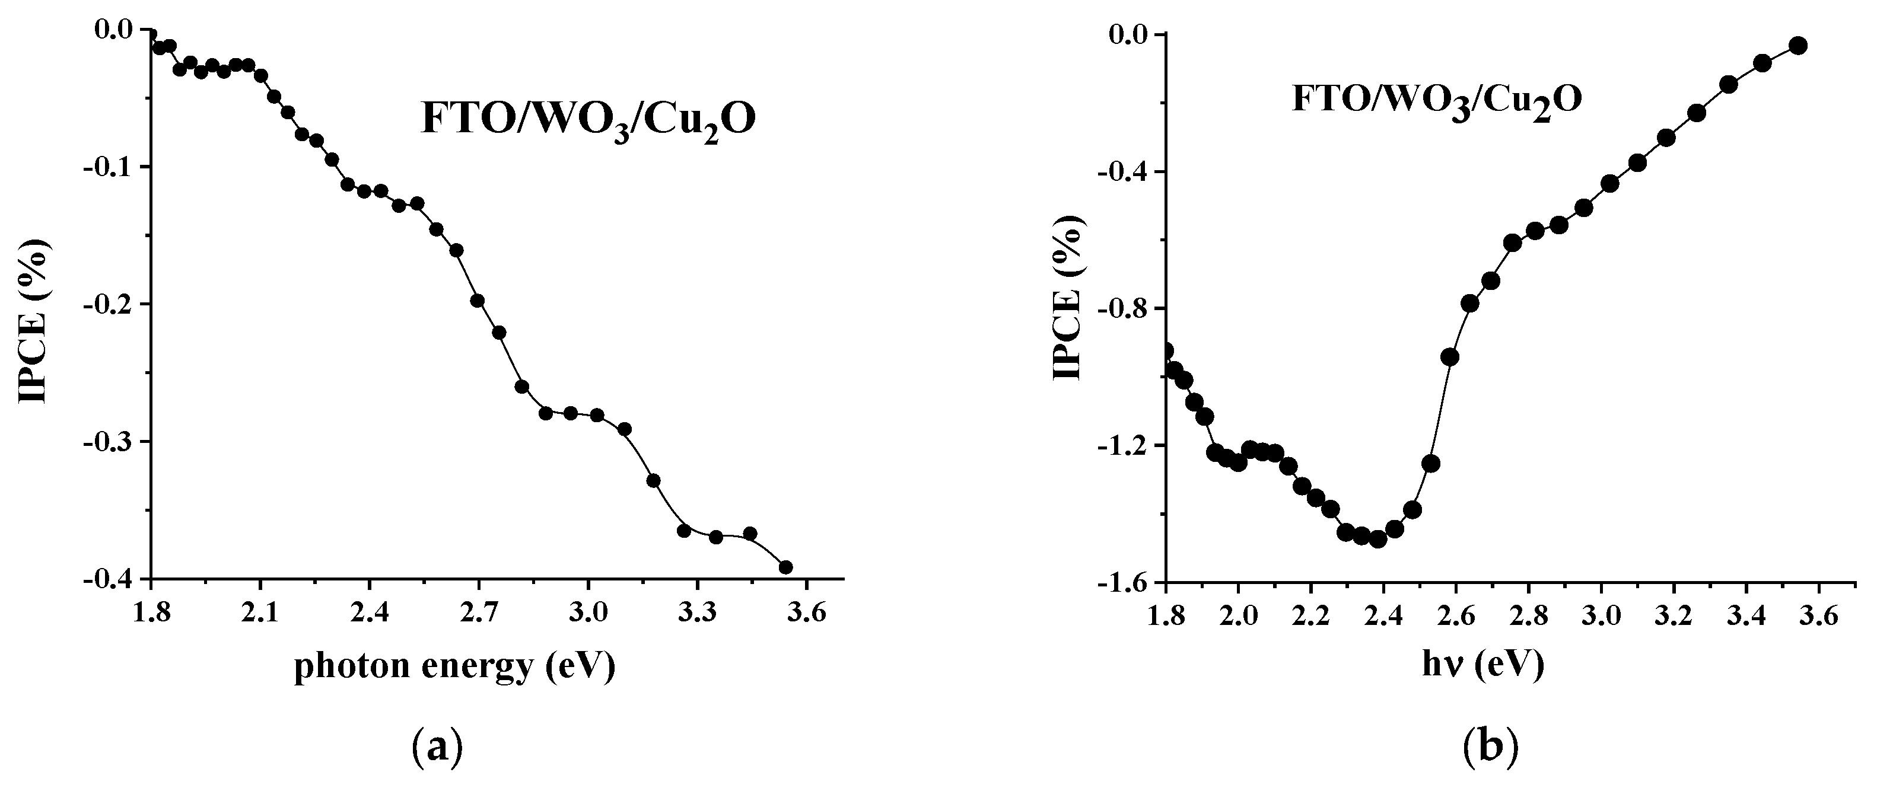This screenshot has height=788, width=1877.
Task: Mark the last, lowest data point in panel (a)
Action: coord(785,567)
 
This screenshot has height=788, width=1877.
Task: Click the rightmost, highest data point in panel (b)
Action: coord(1798,46)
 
